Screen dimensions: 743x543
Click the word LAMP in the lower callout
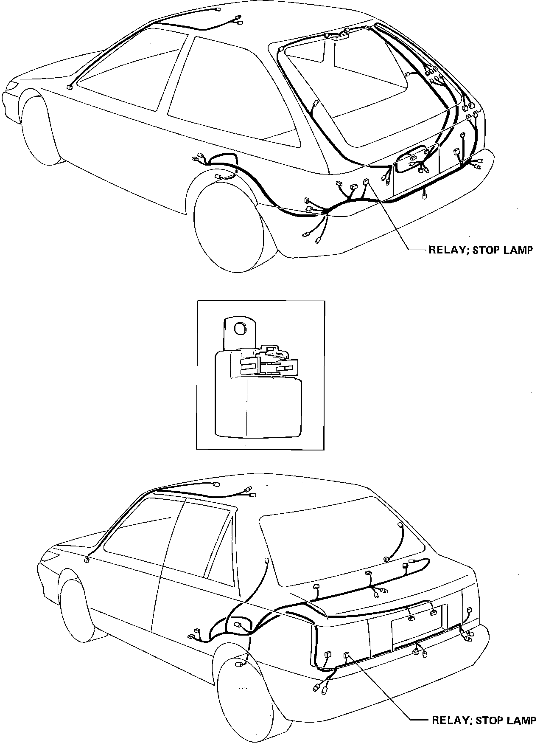(x=523, y=720)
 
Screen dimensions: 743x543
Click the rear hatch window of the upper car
(x=365, y=85)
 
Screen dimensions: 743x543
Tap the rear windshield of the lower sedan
(x=339, y=552)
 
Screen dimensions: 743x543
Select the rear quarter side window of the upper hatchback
(x=229, y=89)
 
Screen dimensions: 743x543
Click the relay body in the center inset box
(x=259, y=399)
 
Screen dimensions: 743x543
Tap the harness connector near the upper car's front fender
(x=69, y=88)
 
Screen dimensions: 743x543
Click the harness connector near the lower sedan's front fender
(x=87, y=560)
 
